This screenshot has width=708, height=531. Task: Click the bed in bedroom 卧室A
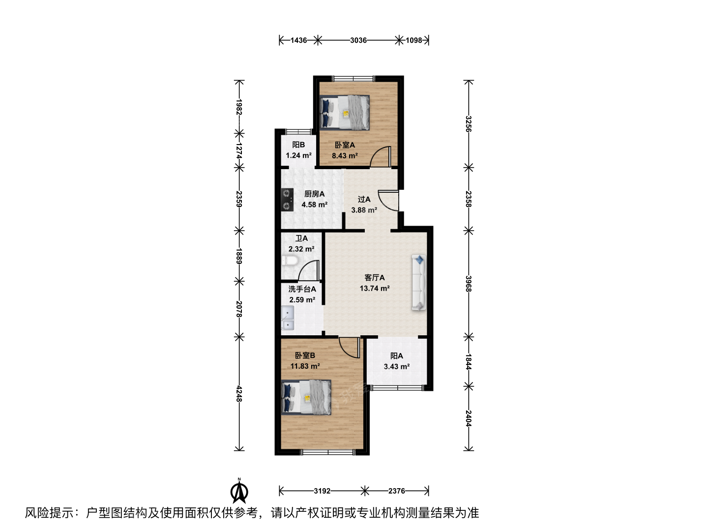click(x=344, y=113)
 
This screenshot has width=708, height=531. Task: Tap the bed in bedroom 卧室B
click(x=306, y=397)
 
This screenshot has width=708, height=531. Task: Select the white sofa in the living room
click(x=419, y=282)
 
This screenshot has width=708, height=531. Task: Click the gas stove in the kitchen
click(x=287, y=200)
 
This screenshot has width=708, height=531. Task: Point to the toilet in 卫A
click(x=290, y=261)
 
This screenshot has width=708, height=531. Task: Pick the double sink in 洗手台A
click(x=288, y=318)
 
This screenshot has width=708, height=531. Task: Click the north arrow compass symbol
click(x=239, y=491)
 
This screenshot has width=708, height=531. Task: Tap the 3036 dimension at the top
click(x=358, y=40)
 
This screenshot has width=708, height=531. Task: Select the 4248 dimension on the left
click(x=238, y=394)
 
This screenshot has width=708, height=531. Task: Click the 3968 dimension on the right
click(x=469, y=284)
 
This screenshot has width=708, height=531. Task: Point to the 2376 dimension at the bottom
click(x=396, y=491)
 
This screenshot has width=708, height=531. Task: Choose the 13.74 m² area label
click(x=375, y=288)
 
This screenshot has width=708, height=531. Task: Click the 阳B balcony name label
click(x=298, y=145)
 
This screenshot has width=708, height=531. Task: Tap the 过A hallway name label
click(x=364, y=199)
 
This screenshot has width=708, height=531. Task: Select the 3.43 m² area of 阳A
click(x=396, y=366)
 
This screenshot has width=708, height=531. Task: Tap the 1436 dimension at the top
click(x=298, y=40)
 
